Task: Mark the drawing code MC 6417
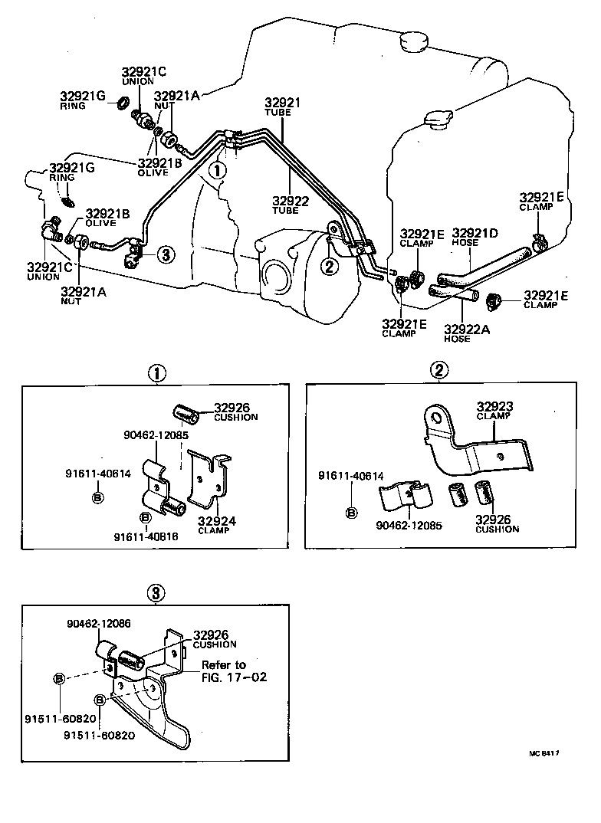(543, 753)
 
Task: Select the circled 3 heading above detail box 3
(156, 592)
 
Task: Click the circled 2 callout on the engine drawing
(328, 266)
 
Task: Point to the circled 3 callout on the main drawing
(165, 256)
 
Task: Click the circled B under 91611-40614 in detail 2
(351, 512)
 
